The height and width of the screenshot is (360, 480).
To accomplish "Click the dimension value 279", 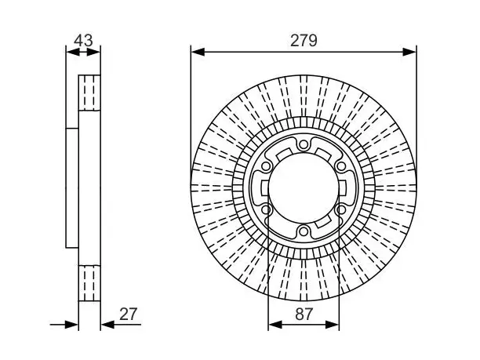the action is pyautogui.click(x=304, y=41).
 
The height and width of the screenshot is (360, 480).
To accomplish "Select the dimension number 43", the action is pyautogui.click(x=83, y=41).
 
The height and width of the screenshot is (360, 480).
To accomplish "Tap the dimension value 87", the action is pyautogui.click(x=304, y=314).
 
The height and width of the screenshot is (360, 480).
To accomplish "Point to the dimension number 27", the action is pyautogui.click(x=129, y=314).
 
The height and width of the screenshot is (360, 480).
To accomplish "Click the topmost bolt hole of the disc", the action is pyautogui.click(x=304, y=144).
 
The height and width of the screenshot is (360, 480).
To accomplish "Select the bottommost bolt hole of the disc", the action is pyautogui.click(x=304, y=231).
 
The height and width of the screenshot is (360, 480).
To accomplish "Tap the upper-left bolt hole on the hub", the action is pyautogui.click(x=266, y=166).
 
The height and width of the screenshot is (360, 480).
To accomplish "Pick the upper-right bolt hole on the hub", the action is pyautogui.click(x=340, y=166).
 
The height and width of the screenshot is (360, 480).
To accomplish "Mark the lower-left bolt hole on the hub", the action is pyautogui.click(x=266, y=210).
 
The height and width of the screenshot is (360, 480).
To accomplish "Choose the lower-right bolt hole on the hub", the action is pyautogui.click(x=340, y=210).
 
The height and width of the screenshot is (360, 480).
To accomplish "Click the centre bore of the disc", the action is pyautogui.click(x=304, y=188).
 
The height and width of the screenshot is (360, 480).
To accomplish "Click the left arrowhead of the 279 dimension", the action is pyautogui.click(x=198, y=52).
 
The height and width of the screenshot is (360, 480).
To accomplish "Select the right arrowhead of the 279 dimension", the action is pyautogui.click(x=409, y=52).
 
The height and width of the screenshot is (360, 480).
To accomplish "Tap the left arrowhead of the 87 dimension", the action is pyautogui.click(x=275, y=325).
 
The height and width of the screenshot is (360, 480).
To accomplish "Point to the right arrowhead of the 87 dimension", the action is pyautogui.click(x=333, y=325).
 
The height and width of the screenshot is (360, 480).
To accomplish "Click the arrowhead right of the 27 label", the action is pyautogui.click(x=107, y=325).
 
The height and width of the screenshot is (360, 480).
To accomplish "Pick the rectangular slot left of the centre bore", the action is pyautogui.click(x=265, y=188).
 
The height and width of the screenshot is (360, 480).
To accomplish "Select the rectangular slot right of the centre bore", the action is pyautogui.click(x=342, y=188).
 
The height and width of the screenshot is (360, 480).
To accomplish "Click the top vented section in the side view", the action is pyautogui.click(x=89, y=93).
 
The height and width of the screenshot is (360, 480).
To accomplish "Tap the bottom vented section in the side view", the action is pyautogui.click(x=89, y=283).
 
